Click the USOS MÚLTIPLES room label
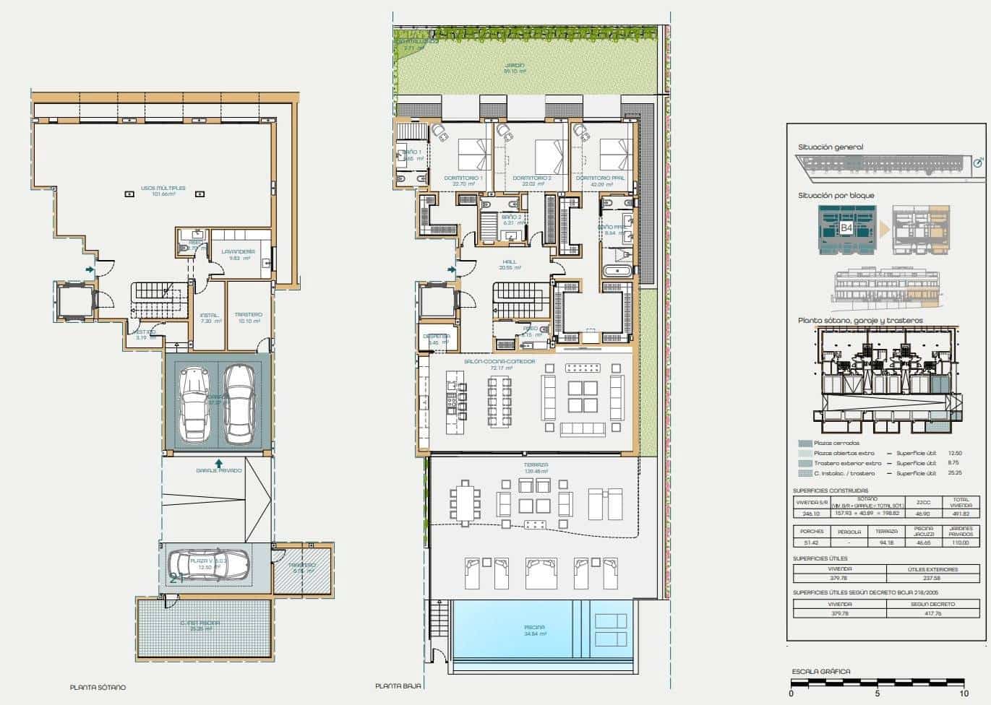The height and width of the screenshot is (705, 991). click(x=163, y=189)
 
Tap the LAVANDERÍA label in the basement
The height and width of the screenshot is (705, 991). click(x=239, y=251)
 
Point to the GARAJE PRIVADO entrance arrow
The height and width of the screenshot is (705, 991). click(x=218, y=462)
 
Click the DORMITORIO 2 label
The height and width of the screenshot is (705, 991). click(x=532, y=178)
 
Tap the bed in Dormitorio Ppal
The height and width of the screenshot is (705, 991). click(x=615, y=152)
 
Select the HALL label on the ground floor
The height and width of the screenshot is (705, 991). click(x=510, y=262)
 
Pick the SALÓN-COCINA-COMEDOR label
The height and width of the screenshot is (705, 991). click(x=499, y=361)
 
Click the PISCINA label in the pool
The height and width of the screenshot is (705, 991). click(x=535, y=628)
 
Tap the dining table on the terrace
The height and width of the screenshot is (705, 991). click(x=466, y=502)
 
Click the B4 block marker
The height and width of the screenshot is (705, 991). click(x=846, y=228)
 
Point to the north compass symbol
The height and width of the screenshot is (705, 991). click(x=978, y=163)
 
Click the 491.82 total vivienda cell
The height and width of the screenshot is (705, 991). click(x=961, y=514)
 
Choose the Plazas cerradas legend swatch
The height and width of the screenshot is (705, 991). click(x=805, y=444)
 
